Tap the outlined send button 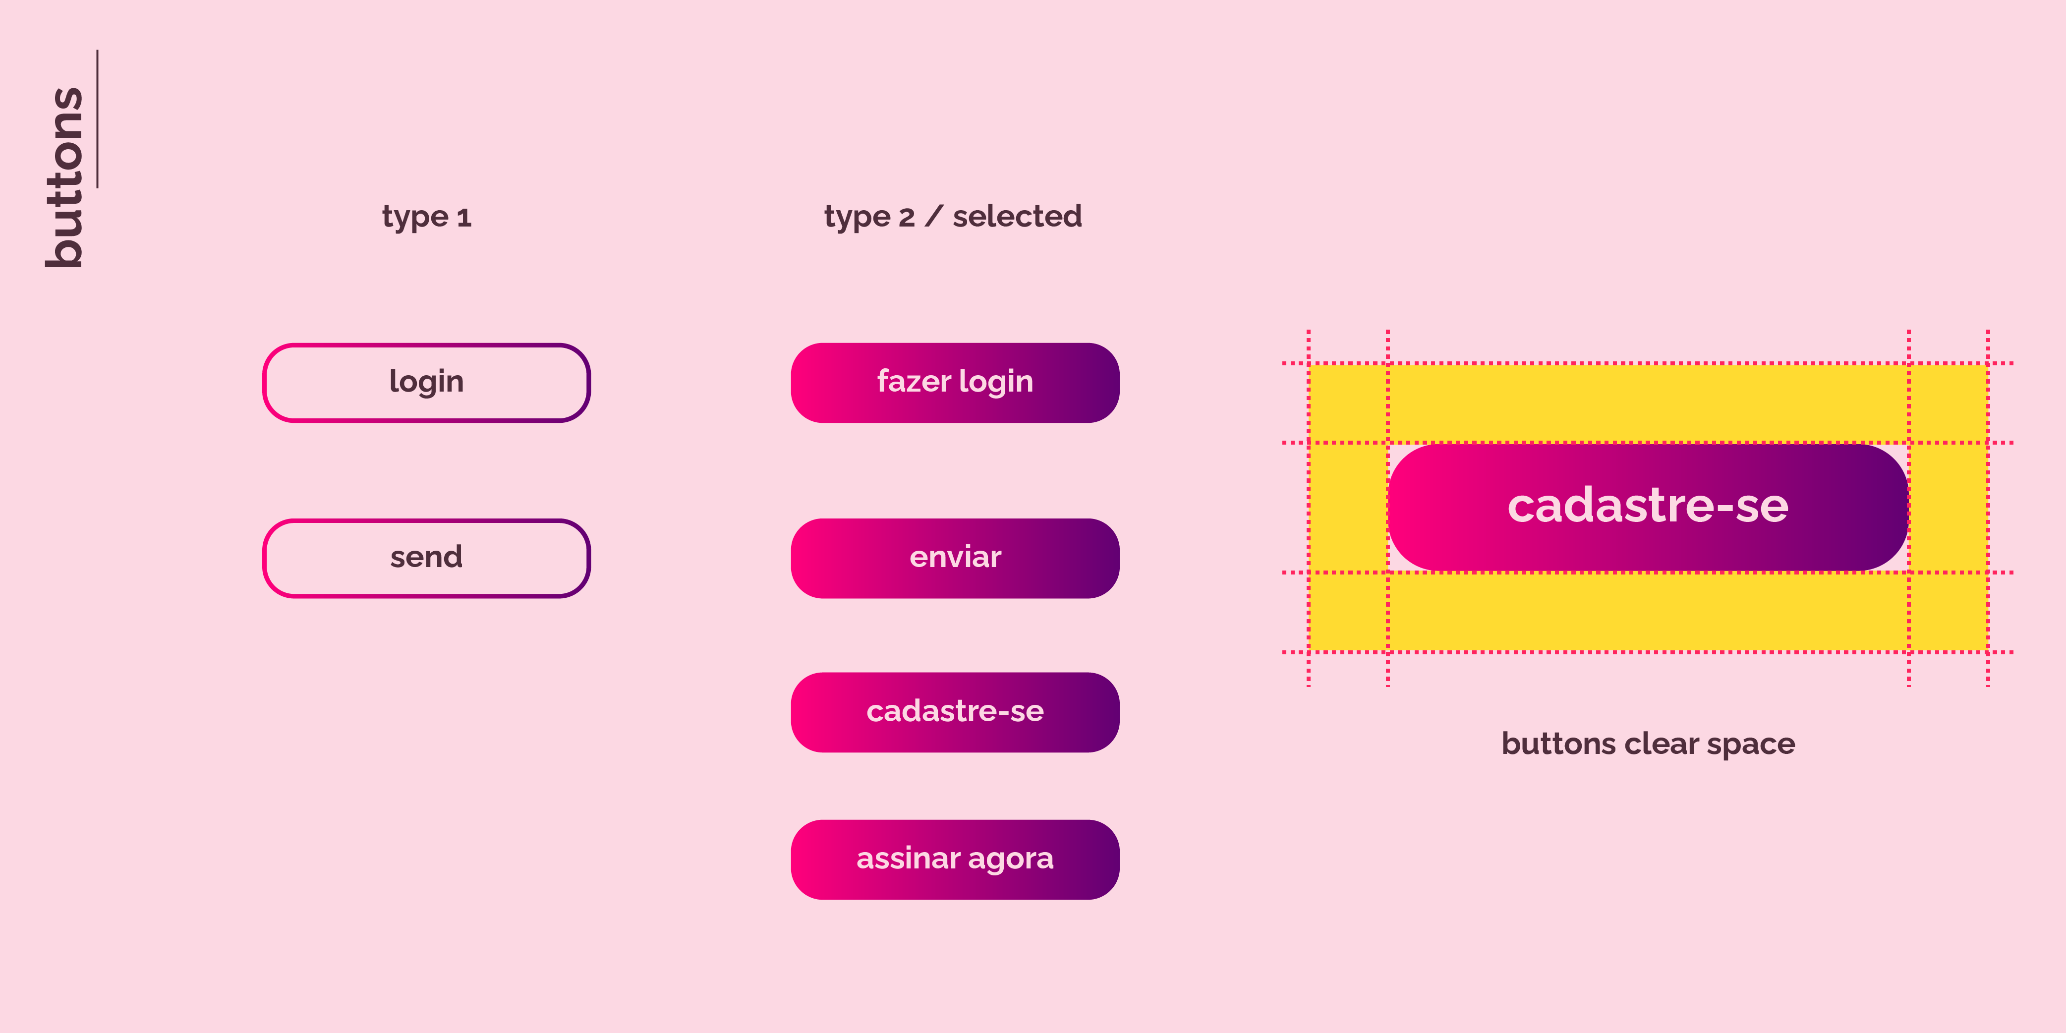(x=427, y=558)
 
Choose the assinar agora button (x=955, y=859)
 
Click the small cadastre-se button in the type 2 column (x=955, y=712)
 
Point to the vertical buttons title (x=64, y=177)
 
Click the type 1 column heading (x=427, y=217)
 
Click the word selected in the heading (x=1017, y=216)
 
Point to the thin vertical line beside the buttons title (x=98, y=118)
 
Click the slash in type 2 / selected (x=933, y=216)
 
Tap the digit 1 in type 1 (x=463, y=217)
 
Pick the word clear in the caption (x=1662, y=744)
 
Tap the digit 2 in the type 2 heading (x=906, y=217)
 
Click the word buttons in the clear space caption (x=1559, y=744)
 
